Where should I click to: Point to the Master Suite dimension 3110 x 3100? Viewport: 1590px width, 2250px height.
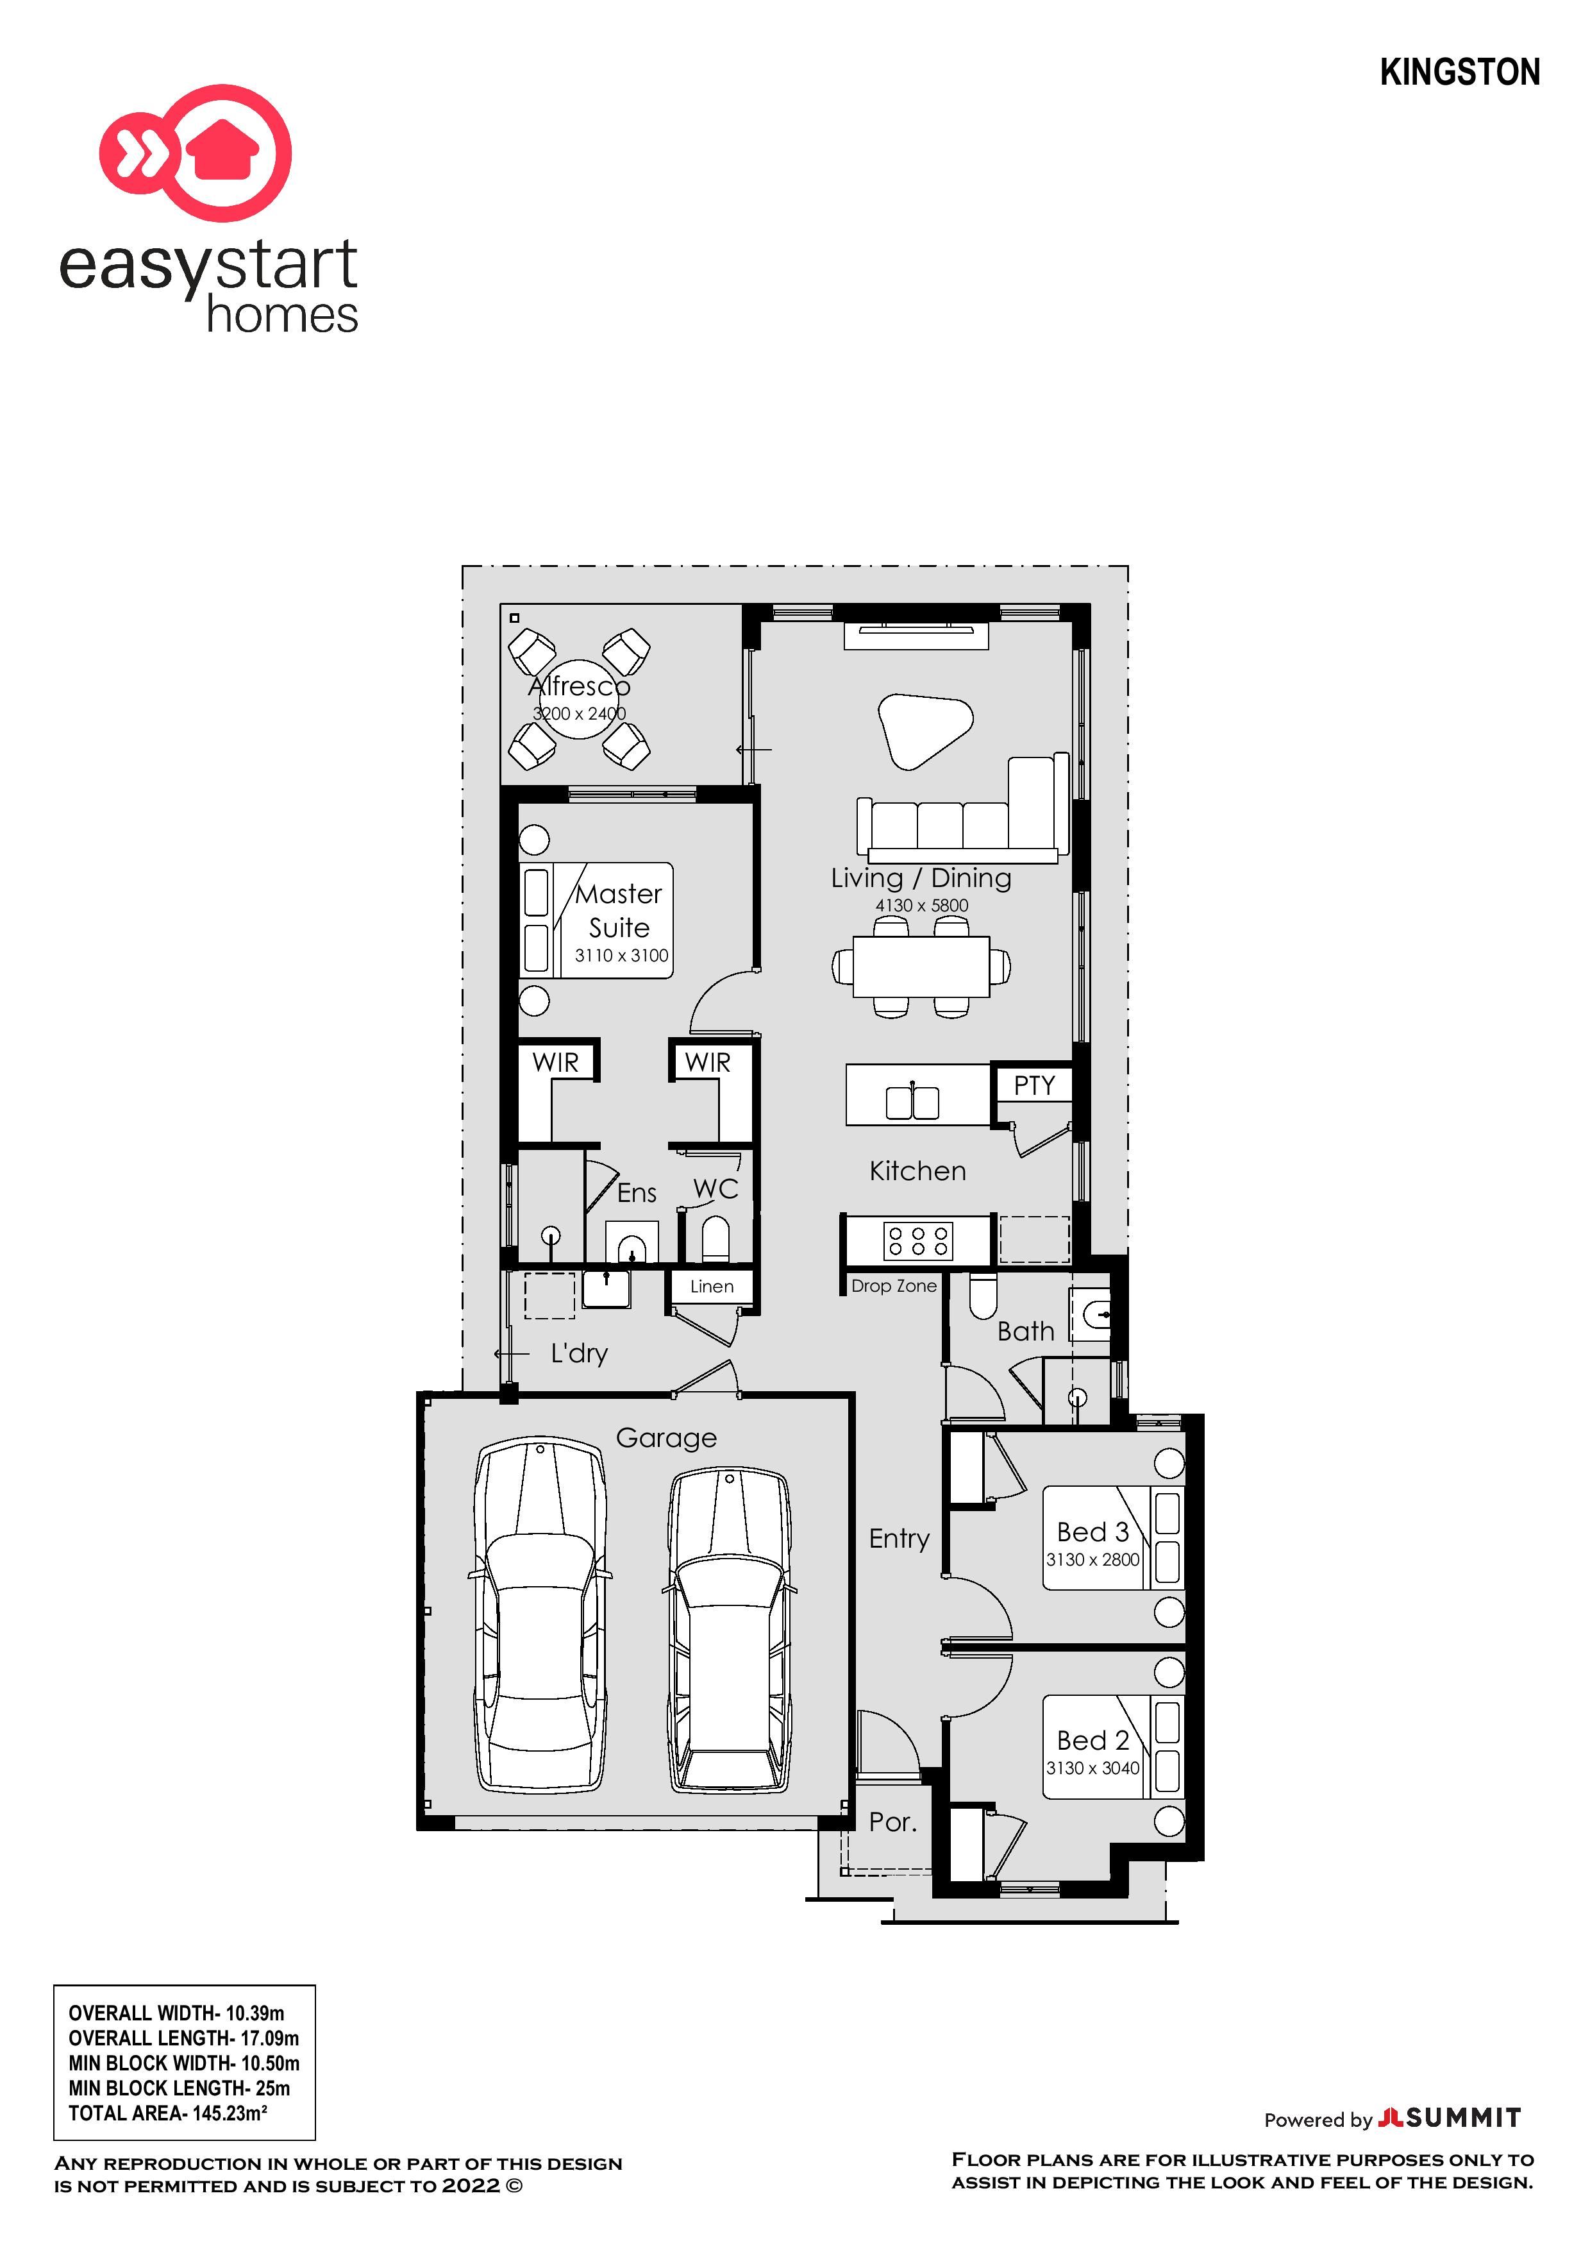click(x=621, y=956)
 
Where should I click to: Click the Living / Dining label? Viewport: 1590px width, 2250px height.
click(x=920, y=878)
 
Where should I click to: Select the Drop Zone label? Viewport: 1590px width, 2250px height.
click(x=894, y=1286)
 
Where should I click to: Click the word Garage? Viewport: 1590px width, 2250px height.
click(x=666, y=1437)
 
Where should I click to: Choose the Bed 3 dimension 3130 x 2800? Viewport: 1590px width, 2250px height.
click(x=1092, y=1559)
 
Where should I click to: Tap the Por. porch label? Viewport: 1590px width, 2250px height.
click(x=892, y=1822)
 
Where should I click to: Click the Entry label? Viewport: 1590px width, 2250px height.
click(x=898, y=1539)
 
